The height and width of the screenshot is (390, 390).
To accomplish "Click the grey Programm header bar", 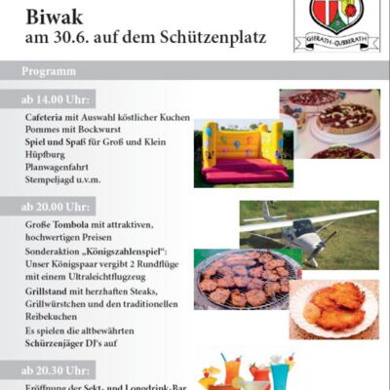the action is point(195,72).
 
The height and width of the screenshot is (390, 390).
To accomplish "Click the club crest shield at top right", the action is point(336,15).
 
